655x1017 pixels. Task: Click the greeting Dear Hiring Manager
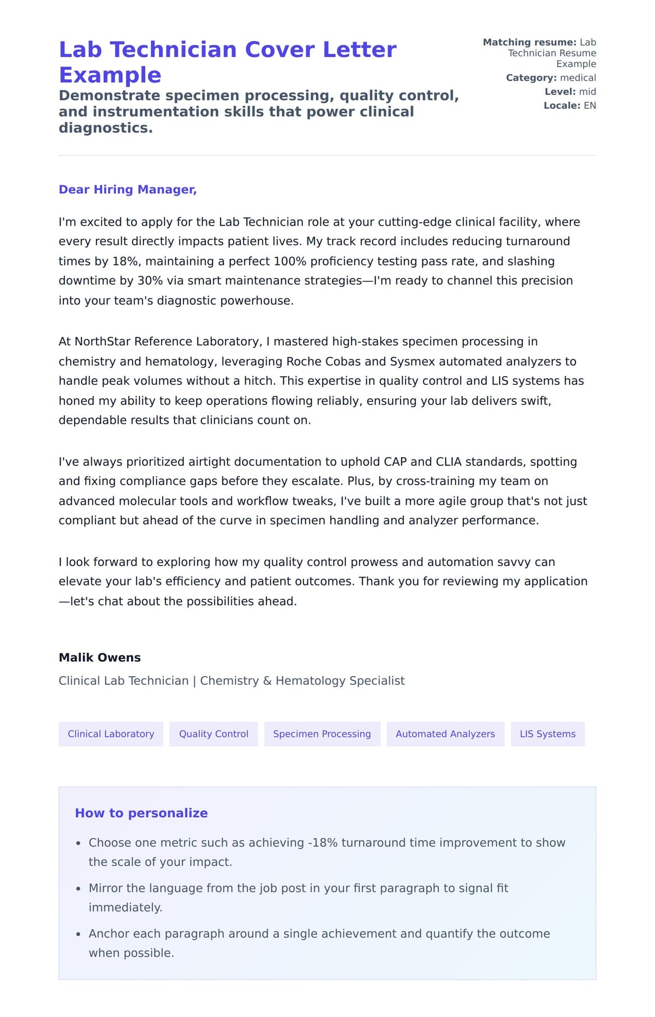coord(128,190)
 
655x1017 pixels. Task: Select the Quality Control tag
coord(213,734)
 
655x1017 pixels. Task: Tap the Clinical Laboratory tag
coord(111,734)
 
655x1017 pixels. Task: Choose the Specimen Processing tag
coord(322,734)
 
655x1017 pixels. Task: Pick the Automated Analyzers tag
coord(445,734)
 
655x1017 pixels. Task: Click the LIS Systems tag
coord(547,734)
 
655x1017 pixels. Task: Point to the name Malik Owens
coord(100,658)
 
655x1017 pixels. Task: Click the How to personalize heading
coord(141,813)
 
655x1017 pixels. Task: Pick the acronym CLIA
coord(449,462)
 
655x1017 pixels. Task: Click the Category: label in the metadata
coord(531,78)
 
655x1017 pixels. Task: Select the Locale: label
coord(562,105)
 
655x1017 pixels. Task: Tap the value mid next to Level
coord(587,92)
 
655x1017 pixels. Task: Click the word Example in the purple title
coord(110,75)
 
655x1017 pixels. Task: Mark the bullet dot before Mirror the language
coord(79,889)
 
